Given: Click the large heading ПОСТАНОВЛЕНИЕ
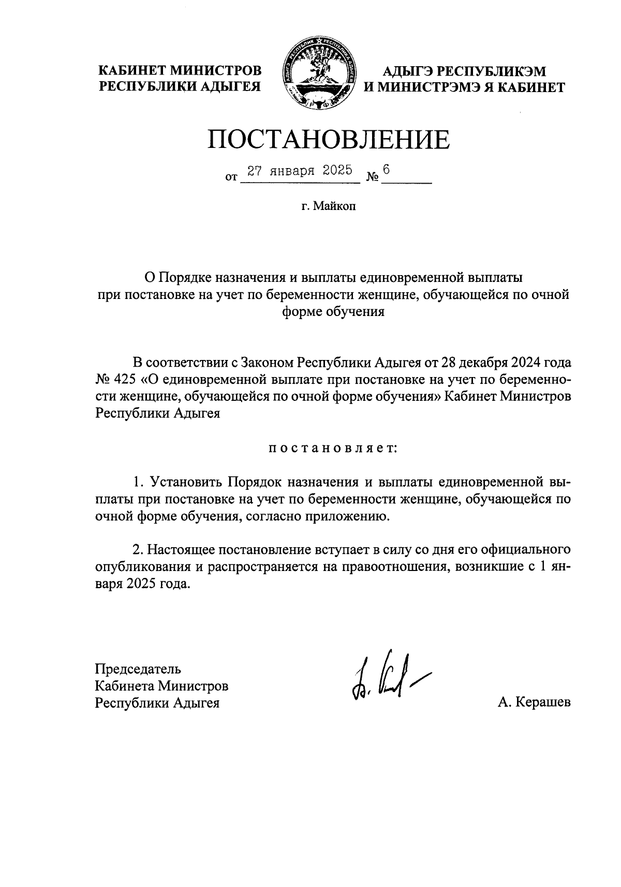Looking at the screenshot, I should [x=329, y=140].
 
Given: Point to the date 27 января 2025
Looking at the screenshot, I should [x=299, y=171].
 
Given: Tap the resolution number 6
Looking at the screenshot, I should [x=386, y=170].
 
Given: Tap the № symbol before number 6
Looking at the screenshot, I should [x=373, y=177].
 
